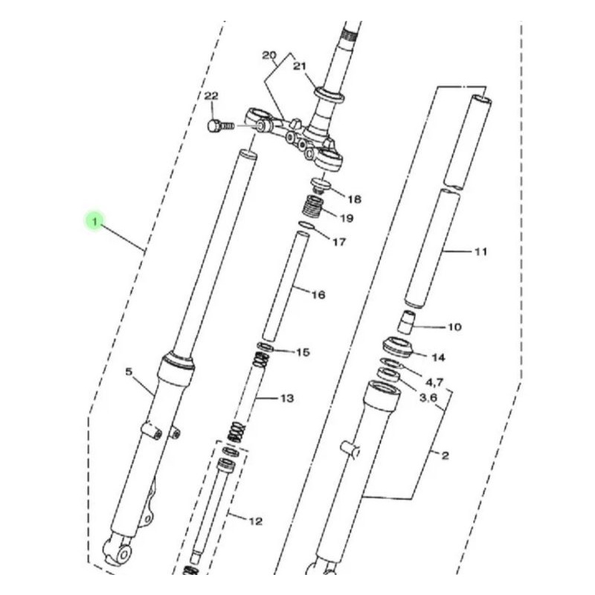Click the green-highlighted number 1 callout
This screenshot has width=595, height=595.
pos(94,221)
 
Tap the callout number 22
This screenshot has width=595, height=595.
pos(212,97)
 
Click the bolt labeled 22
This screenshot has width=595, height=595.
pos(218,126)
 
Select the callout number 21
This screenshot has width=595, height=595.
pos(300,66)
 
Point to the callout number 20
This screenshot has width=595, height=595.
pos(269,56)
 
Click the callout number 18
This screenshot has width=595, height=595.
pos(354,199)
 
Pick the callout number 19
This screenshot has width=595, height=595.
pos(347,218)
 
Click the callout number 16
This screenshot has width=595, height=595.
pos(318,295)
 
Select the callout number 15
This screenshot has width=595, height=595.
pos(302,352)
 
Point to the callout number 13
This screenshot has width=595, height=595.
pos(287,399)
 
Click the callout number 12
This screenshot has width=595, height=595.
pos(255,521)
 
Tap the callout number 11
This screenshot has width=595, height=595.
pos(480,252)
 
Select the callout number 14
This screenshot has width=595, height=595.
pos(438,358)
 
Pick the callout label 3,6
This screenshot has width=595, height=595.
pos(428,398)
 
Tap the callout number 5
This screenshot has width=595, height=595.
pos(128,370)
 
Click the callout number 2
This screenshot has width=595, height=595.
pos(445,456)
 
